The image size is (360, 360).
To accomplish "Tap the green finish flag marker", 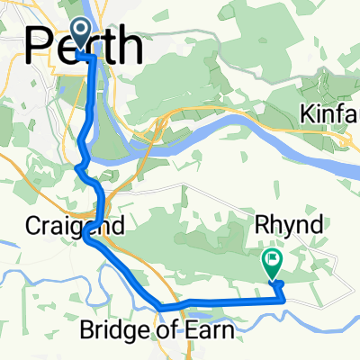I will [272, 262].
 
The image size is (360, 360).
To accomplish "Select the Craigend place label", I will [62, 223].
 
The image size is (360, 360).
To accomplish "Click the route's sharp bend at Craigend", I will [85, 238].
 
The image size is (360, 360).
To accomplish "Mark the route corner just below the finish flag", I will [282, 285].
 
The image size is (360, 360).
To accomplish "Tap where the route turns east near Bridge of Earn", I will [161, 308].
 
